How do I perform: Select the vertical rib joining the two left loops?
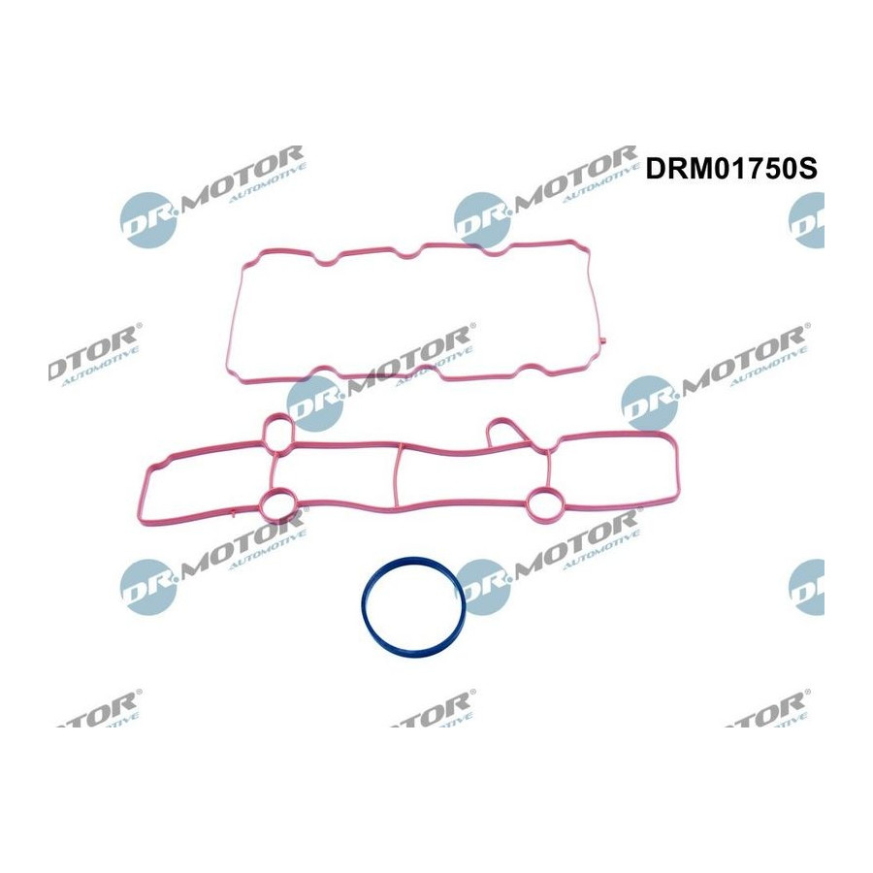(x=272, y=469)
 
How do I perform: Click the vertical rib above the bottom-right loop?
(x=548, y=467)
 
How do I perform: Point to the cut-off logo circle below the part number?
(x=807, y=220)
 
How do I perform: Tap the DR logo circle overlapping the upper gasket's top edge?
(x=482, y=220)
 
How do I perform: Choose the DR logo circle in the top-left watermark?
(x=148, y=220)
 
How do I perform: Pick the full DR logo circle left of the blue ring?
(x=148, y=587)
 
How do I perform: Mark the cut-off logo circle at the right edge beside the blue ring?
(x=807, y=587)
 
